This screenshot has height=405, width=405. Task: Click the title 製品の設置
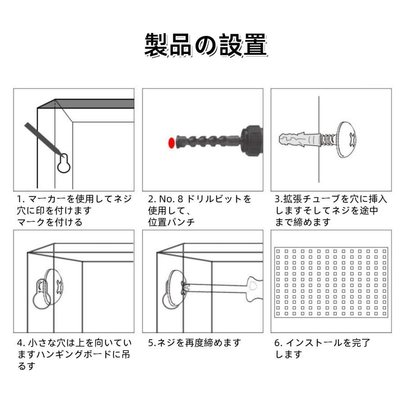[206, 45]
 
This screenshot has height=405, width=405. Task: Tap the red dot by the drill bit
[171, 143]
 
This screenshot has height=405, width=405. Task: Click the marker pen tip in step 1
[63, 156]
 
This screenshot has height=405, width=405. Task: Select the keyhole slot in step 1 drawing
[64, 163]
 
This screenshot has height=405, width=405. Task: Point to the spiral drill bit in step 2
[208, 142]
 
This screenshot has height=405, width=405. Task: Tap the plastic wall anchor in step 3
[300, 139]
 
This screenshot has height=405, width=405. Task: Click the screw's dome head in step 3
[346, 139]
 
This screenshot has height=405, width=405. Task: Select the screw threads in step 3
[328, 140]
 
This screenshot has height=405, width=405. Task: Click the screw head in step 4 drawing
[54, 287]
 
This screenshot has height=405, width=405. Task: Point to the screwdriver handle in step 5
[254, 289]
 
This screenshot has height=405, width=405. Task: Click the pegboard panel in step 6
[331, 282]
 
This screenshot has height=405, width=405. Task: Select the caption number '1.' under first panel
[21, 199]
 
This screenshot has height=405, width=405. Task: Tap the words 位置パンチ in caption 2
[171, 222]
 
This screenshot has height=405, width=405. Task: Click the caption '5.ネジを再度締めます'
[194, 343]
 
